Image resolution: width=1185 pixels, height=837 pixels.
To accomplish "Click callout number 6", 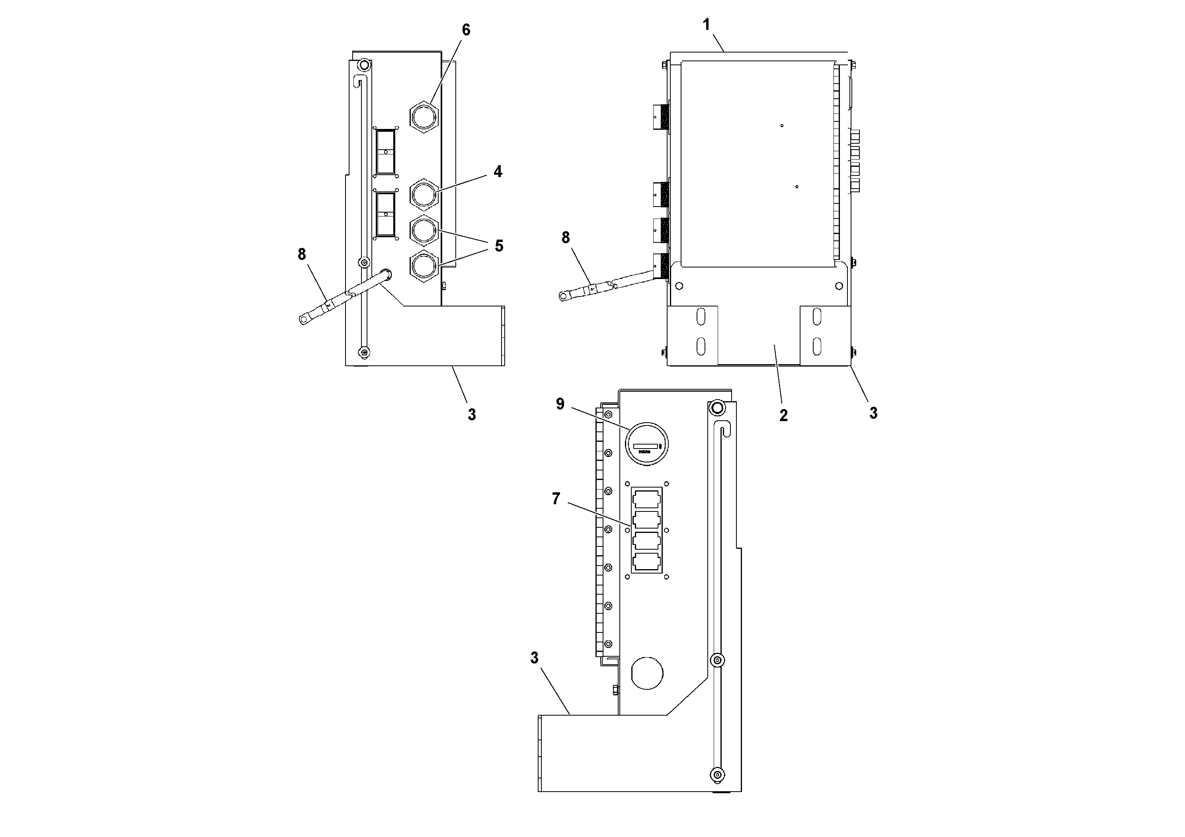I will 466,30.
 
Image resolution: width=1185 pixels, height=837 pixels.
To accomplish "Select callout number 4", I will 498,172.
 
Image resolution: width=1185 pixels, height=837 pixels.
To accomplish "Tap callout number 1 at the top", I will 707,24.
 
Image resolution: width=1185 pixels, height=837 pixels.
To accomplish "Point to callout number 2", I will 783,416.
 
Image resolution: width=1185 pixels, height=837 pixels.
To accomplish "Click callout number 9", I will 560,404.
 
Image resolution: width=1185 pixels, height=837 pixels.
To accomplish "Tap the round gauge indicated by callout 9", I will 647,444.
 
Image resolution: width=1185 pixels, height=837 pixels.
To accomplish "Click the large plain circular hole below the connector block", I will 647,673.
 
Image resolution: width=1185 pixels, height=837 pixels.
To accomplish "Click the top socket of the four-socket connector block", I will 646,499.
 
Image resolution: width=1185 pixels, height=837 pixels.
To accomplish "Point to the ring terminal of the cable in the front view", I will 564,296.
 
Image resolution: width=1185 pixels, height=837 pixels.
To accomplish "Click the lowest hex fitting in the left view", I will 424,266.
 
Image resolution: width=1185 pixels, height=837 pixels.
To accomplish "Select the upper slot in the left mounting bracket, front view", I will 700,317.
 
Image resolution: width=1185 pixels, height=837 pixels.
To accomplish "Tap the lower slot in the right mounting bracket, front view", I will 816,346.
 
